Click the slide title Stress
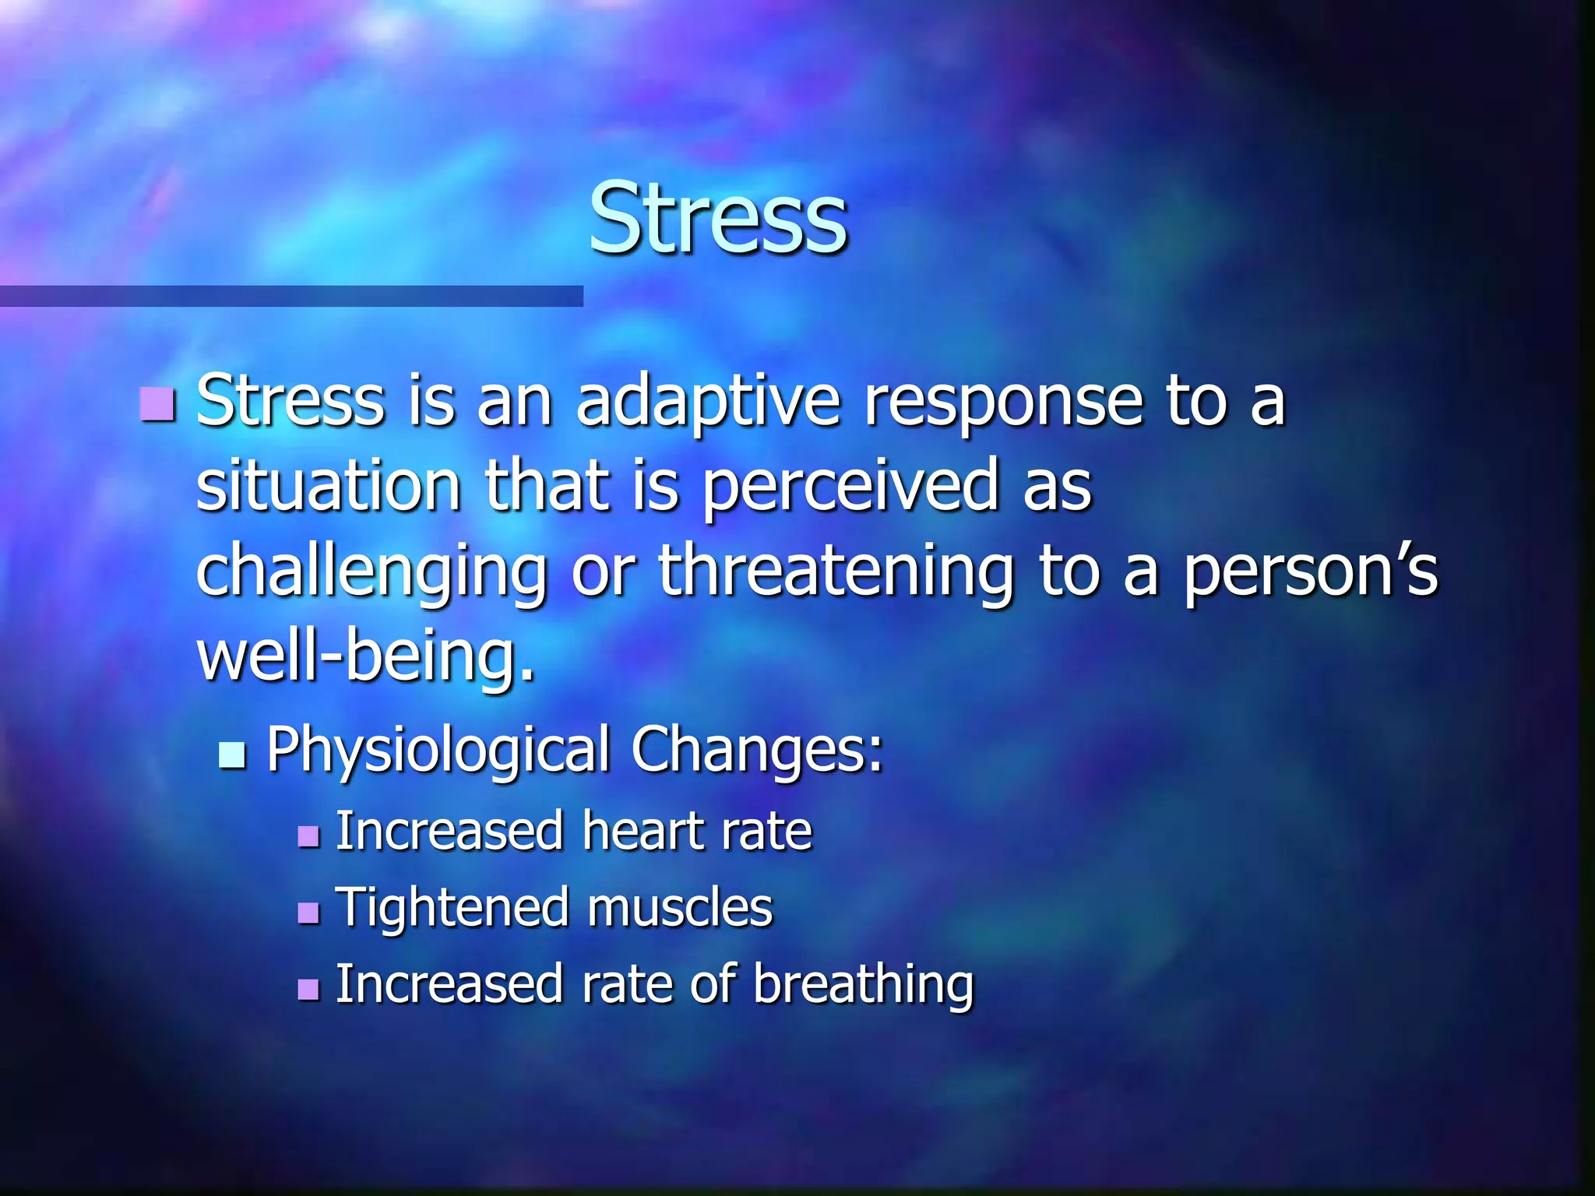click(x=717, y=218)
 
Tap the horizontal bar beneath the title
click(x=291, y=296)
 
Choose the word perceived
click(x=850, y=488)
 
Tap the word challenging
click(x=371, y=573)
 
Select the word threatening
click(x=836, y=573)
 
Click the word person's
click(x=1311, y=573)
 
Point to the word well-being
click(x=366, y=656)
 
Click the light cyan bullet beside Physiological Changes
click(x=232, y=755)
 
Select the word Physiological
click(x=438, y=750)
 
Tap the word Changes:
click(x=757, y=750)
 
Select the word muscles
click(x=679, y=908)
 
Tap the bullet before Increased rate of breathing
click(x=309, y=989)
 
